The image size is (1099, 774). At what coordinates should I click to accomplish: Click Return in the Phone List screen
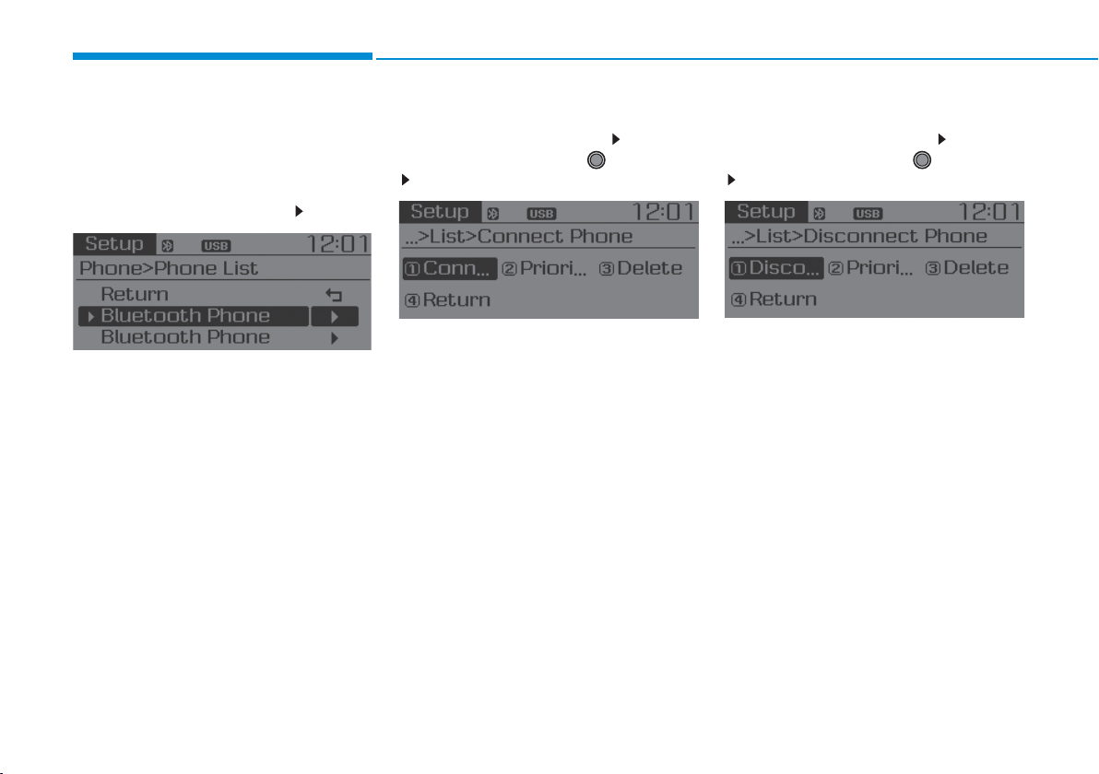point(135,294)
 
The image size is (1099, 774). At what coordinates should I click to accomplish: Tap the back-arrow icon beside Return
point(334,295)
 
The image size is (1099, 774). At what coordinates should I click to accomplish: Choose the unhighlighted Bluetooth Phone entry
point(185,337)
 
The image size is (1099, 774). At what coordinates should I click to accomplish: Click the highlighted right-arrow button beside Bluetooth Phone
point(335,317)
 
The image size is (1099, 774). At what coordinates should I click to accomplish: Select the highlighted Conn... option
point(449,268)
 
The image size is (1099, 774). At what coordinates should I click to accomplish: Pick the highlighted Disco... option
point(776,267)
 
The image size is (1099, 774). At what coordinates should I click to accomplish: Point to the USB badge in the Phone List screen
point(216,246)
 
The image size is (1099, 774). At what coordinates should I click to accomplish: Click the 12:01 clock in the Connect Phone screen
point(663,212)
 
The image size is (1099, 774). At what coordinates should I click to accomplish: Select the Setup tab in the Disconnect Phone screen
point(766,212)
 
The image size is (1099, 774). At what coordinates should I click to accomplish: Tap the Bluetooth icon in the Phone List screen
point(168,246)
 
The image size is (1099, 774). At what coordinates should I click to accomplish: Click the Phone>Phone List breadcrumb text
point(169,268)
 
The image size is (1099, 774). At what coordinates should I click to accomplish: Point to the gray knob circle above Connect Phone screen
point(596,160)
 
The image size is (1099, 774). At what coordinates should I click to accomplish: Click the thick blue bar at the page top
point(223,56)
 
